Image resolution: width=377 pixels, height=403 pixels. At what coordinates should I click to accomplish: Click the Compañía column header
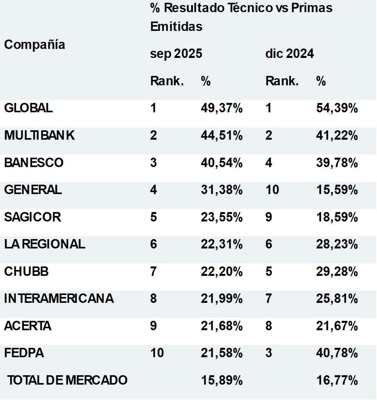35,45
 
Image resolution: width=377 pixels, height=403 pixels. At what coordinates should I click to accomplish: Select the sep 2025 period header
176,54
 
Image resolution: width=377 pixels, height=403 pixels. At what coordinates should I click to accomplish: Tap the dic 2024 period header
289,54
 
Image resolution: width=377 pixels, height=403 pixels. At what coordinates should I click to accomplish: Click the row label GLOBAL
29,108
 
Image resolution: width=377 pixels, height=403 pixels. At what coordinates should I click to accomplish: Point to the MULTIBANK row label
39,135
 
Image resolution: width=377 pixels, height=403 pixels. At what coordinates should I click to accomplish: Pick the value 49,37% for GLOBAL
222,108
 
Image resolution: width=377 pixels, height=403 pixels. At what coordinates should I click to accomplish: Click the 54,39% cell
337,108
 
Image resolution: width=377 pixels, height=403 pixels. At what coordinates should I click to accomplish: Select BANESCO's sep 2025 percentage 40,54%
222,163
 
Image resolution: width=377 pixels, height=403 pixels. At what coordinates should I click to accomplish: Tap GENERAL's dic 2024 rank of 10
272,190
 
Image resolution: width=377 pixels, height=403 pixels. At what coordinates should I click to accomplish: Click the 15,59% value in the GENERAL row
337,190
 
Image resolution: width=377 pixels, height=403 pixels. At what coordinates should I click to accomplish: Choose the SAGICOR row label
32,217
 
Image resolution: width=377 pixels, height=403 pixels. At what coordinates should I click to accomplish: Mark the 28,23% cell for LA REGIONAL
337,245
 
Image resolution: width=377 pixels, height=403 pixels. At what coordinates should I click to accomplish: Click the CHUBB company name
27,272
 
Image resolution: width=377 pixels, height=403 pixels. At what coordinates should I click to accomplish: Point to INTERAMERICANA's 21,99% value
222,299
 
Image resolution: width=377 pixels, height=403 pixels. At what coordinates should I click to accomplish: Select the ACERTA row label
28,326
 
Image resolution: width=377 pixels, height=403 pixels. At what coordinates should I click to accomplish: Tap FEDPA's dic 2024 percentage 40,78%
337,353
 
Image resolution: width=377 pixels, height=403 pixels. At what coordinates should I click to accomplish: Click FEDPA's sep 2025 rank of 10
157,353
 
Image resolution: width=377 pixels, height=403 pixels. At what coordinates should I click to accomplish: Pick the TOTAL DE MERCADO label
68,380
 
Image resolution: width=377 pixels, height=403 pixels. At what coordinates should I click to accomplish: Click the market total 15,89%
222,380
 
